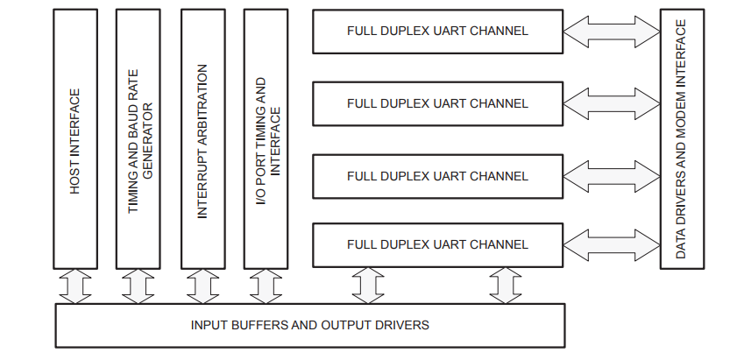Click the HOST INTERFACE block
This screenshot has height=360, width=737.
[x=75, y=139]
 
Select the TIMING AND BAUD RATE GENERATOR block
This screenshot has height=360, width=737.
[x=139, y=139]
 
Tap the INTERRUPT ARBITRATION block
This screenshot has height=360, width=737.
[x=202, y=139]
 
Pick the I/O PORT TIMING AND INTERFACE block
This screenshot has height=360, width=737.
[x=266, y=139]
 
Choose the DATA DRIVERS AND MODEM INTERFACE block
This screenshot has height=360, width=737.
[x=682, y=139]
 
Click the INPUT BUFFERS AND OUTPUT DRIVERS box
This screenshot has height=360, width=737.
[x=310, y=325]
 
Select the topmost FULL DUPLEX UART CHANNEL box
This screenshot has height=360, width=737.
[x=437, y=31]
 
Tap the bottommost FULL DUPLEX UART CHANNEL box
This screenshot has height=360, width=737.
[x=437, y=244]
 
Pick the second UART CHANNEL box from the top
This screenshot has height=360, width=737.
[x=437, y=103]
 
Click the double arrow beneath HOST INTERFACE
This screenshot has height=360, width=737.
[x=75, y=286]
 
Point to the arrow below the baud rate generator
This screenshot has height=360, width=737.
[x=139, y=286]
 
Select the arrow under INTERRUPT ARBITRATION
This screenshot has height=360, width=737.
[x=202, y=286]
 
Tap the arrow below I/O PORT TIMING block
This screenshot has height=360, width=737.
[x=266, y=286]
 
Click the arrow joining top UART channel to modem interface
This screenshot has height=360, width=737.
[x=612, y=32]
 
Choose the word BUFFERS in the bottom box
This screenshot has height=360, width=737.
[x=253, y=325]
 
